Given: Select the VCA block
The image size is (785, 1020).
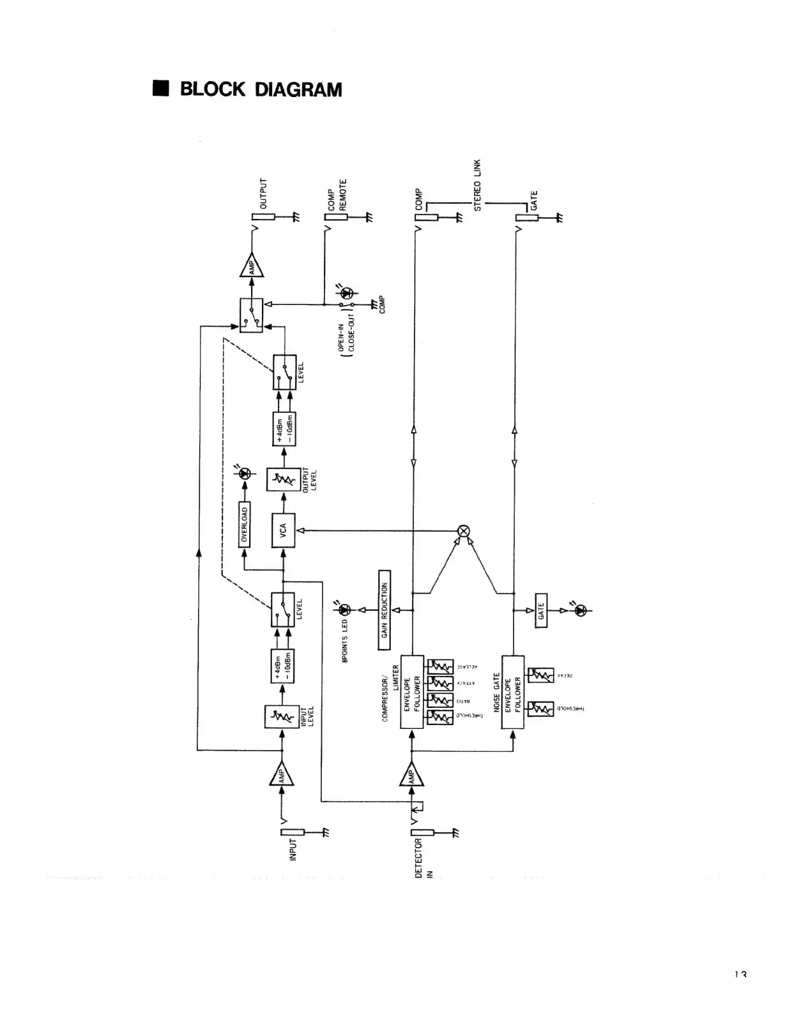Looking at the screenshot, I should pos(283,530).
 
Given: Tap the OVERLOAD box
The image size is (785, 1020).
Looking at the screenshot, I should pos(245,525).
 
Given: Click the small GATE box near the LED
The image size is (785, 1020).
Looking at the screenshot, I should pos(540,611).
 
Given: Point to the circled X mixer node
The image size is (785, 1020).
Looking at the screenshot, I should pos(464,530).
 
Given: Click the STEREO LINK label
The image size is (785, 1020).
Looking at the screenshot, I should pos(478,185).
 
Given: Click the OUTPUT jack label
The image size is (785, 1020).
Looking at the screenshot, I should pos(263,194).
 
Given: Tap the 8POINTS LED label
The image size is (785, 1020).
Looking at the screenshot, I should pos(345,640).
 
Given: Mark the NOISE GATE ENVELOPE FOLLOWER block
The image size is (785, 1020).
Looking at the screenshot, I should pos(513,691).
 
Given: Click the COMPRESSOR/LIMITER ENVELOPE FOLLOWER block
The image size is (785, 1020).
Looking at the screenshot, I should pos(412,691).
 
